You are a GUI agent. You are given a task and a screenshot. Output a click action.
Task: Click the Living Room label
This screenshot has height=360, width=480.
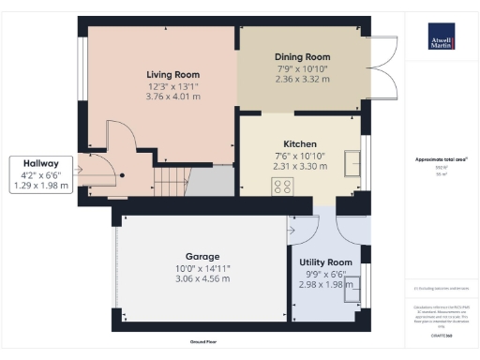click(x=173, y=74)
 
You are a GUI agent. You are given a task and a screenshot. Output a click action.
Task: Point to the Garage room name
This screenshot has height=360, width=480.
click(x=202, y=256)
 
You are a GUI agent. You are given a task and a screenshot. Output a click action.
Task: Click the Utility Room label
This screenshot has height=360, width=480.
click(x=325, y=262)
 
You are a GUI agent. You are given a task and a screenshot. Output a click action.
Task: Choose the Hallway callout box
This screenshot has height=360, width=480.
click(x=35, y=173)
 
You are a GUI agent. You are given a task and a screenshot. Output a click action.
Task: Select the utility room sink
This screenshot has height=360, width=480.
click(x=354, y=292)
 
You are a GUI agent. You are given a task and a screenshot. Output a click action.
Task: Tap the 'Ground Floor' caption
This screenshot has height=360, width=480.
click(x=203, y=342)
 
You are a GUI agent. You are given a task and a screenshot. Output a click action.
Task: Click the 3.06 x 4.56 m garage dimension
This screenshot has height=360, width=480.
click(x=202, y=278)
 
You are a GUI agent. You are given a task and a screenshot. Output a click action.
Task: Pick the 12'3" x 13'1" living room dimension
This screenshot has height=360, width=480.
click(x=173, y=85)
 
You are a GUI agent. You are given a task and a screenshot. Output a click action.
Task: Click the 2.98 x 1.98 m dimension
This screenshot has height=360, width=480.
click(x=325, y=285)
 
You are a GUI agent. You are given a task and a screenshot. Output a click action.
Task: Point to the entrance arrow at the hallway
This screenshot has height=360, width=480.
click(x=85, y=170)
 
